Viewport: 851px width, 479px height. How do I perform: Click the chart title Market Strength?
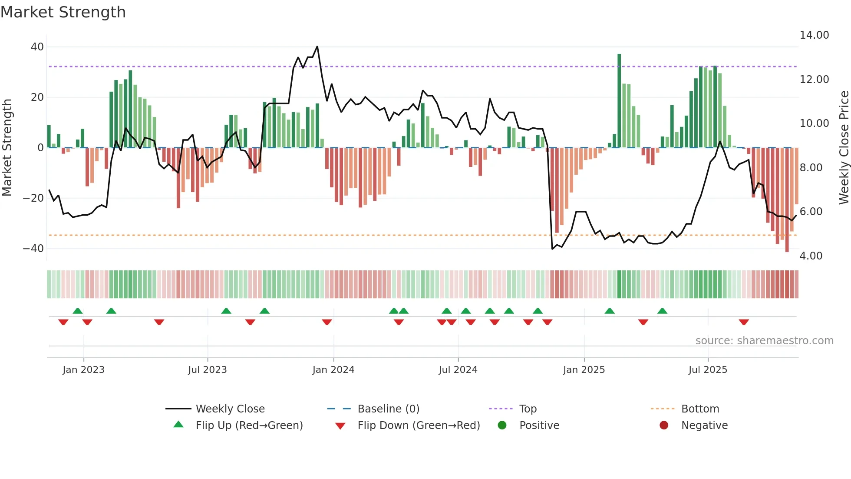[x=63, y=12]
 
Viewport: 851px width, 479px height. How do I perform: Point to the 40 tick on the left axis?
[x=37, y=47]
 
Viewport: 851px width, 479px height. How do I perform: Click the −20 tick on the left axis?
[x=33, y=198]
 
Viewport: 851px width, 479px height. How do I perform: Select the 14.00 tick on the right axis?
[x=814, y=35]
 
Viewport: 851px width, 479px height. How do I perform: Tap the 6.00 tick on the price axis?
[x=811, y=212]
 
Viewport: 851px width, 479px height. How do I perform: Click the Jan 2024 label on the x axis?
[x=333, y=370]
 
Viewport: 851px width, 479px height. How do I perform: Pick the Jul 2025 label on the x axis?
[x=707, y=370]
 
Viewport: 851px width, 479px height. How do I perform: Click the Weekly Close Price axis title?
[x=844, y=147]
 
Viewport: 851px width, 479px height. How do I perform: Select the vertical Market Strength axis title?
[x=7, y=147]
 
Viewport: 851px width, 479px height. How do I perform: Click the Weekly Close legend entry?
[x=230, y=409]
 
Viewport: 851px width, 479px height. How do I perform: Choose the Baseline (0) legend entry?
[x=388, y=409]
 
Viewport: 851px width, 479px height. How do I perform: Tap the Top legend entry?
[x=528, y=409]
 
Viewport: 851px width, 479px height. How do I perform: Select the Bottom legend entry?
[x=700, y=409]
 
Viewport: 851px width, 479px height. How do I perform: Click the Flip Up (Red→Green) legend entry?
[x=249, y=426]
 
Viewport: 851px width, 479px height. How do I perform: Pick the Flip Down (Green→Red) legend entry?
[x=419, y=426]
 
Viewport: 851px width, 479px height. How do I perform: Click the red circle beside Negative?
[x=663, y=425]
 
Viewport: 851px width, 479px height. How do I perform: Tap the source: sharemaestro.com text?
[x=764, y=341]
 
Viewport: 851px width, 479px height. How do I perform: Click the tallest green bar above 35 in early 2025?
[x=619, y=100]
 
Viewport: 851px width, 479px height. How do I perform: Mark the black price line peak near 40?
[x=317, y=47]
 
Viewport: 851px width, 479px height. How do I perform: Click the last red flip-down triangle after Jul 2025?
[x=743, y=322]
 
